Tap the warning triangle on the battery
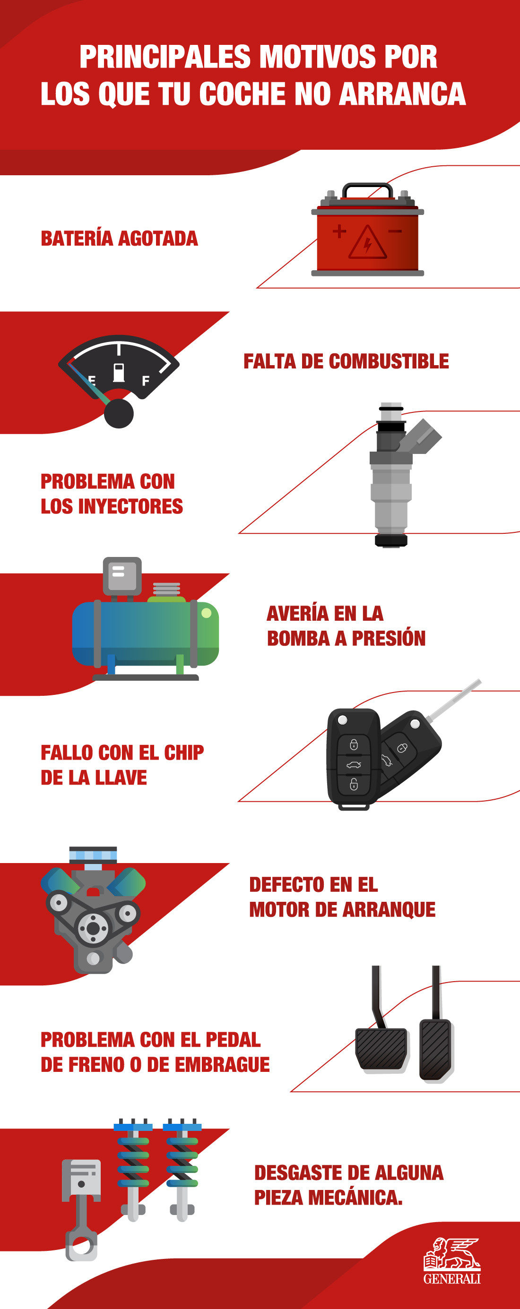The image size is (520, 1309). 367,243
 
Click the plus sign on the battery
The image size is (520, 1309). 339,232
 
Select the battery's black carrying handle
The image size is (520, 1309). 367,190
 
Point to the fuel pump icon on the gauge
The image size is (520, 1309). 119,372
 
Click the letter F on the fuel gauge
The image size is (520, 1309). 146,381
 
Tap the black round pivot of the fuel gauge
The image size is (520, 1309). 119,413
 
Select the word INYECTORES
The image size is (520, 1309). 130,506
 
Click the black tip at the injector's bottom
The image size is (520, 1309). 391,541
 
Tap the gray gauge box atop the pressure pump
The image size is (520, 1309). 122,576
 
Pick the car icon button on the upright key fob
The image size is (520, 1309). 354,765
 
